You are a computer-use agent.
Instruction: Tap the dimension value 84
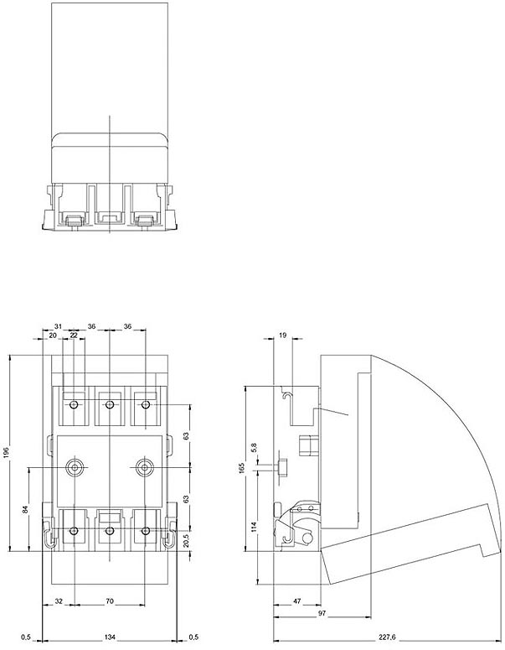pyautogui.click(x=26, y=508)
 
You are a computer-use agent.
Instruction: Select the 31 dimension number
pyautogui.click(x=58, y=326)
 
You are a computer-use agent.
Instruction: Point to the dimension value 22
pyautogui.click(x=74, y=335)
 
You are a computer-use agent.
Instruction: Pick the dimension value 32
pyautogui.click(x=58, y=601)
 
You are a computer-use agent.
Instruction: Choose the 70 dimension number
pyautogui.click(x=110, y=601)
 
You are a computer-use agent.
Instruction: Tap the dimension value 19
pyautogui.click(x=282, y=335)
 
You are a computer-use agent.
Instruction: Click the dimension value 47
pyautogui.click(x=296, y=601)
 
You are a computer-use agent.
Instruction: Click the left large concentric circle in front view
pyautogui.click(x=75, y=466)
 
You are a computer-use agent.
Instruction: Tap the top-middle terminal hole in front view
pyautogui.click(x=110, y=406)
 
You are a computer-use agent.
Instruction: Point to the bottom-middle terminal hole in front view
pyautogui.click(x=110, y=531)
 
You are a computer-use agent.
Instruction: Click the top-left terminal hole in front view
pyautogui.click(x=75, y=406)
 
